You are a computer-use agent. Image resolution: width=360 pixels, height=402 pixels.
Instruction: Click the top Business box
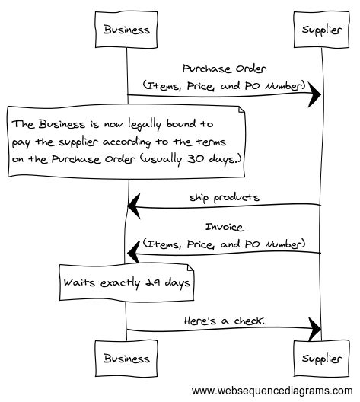click(127, 30)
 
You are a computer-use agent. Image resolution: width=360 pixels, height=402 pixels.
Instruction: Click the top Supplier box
click(320, 30)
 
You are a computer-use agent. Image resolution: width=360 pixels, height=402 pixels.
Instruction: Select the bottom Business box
click(127, 357)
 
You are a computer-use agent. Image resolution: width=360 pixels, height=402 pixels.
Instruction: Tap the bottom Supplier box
click(320, 357)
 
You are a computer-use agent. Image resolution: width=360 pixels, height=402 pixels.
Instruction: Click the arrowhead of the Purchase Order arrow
click(314, 97)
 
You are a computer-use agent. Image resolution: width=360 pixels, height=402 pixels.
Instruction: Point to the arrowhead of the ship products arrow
click(134, 204)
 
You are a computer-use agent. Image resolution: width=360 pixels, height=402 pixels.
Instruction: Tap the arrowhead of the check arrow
click(314, 330)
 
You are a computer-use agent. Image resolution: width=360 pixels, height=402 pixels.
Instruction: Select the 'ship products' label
click(225, 196)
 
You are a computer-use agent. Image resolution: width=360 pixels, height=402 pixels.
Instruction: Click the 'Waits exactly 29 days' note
click(125, 283)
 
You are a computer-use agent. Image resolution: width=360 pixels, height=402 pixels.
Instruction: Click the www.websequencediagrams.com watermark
click(273, 391)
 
